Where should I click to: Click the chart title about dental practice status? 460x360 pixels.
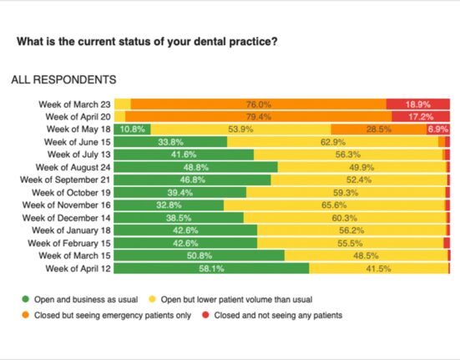click(147, 42)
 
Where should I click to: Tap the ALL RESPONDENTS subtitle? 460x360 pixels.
click(63, 80)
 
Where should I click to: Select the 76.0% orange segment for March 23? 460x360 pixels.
click(259, 104)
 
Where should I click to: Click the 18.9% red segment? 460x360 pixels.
click(418, 104)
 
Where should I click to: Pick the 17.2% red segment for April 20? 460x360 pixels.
click(421, 117)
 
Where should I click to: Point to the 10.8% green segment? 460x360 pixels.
click(132, 129)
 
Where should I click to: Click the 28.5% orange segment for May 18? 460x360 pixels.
click(379, 129)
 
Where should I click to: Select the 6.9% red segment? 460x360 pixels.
click(438, 129)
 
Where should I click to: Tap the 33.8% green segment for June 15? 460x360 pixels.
click(170, 142)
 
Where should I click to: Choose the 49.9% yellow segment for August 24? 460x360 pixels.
click(362, 167)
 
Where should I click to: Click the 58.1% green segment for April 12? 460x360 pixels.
click(211, 268)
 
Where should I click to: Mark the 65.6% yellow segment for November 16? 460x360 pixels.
click(334, 205)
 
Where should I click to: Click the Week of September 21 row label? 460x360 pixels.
click(65, 180)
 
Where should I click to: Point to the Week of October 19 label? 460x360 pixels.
click(71, 192)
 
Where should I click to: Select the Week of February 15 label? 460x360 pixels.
click(69, 243)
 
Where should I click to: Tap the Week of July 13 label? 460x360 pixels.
click(79, 155)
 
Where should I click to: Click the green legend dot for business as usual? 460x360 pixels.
click(26, 299)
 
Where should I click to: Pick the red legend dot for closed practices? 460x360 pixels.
click(205, 315)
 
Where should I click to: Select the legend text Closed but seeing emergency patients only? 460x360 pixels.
click(113, 316)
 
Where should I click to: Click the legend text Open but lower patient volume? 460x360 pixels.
click(236, 300)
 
